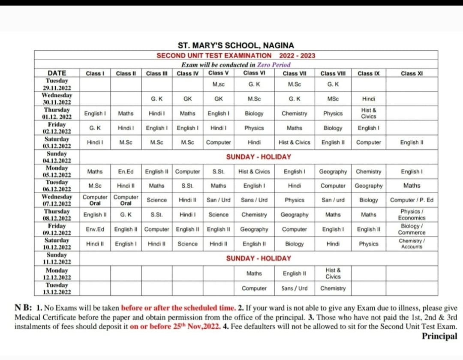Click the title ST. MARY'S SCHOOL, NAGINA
tap(236, 45)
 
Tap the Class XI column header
tap(412, 73)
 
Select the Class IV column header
tap(187, 73)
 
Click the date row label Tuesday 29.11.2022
tap(57, 84)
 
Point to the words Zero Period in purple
tap(274, 65)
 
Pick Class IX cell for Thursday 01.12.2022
tap(368, 113)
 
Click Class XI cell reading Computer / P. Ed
tap(412, 200)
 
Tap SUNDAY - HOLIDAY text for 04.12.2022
tap(259, 157)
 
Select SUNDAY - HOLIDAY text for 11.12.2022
tap(259, 258)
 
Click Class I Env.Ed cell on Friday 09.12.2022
tap(95, 229)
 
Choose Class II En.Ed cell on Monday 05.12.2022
tap(126, 171)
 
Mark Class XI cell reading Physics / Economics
tap(412, 215)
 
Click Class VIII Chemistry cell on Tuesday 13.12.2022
tap(333, 288)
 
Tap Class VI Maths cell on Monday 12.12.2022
tap(254, 273)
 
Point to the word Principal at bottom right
tap(439, 336)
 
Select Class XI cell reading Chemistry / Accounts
tap(412, 244)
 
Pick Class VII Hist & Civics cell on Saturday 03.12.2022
tap(294, 142)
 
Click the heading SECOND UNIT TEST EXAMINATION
tap(214, 55)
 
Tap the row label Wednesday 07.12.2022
tap(57, 200)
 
